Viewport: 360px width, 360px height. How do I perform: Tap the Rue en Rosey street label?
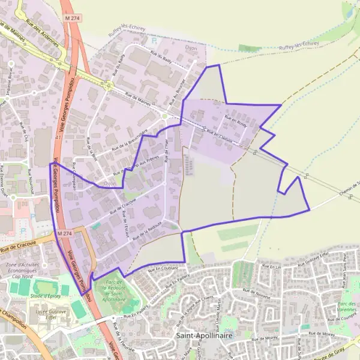236,121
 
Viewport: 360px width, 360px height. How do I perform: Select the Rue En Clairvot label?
220,135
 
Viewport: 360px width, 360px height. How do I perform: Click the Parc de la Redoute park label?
110,290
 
